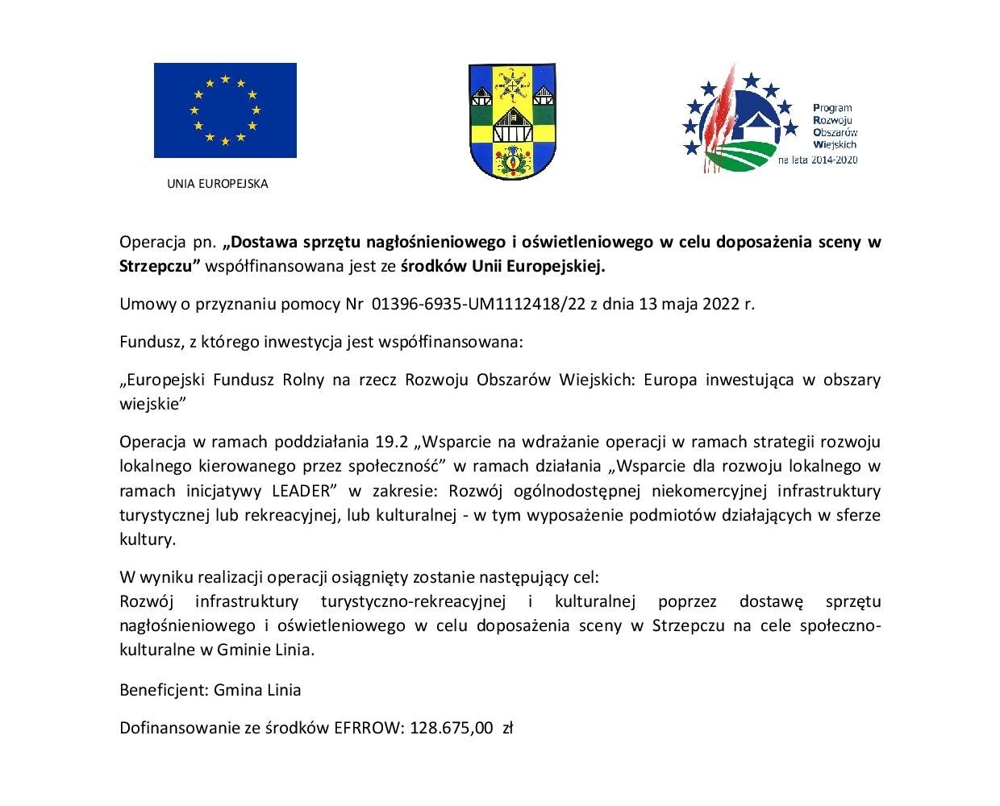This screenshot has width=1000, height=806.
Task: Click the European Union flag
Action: tap(225, 110)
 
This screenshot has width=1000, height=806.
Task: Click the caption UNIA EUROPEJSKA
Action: tap(217, 184)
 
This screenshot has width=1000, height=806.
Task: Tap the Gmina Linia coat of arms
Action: tap(510, 122)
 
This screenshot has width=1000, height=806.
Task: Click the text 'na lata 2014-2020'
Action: tap(817, 160)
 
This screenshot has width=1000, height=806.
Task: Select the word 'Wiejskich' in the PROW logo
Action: tap(835, 144)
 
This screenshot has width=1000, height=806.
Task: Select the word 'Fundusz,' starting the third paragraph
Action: tap(151, 342)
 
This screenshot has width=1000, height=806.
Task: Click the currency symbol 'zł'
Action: tap(508, 728)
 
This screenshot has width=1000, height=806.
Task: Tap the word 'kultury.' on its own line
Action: tap(147, 539)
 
